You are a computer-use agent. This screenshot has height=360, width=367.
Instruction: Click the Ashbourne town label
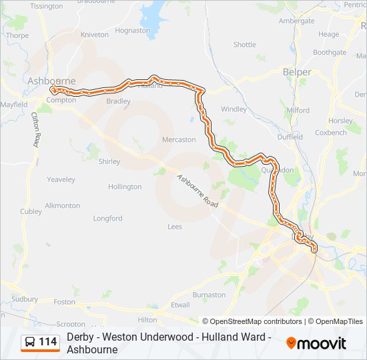coord(51,81)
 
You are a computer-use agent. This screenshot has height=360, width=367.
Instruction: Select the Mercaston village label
coord(179,140)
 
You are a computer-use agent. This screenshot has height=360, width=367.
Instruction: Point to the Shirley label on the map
coord(109,161)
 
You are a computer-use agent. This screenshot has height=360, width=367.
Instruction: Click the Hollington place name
coord(125,187)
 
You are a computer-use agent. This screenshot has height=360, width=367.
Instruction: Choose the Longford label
coord(107,218)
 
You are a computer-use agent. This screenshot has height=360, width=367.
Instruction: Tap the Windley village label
coord(234,109)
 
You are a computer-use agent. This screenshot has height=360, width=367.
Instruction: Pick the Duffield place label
coord(290,137)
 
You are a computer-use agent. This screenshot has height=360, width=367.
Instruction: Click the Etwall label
coord(180,304)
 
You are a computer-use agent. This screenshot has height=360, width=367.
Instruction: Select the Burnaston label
coord(209,294)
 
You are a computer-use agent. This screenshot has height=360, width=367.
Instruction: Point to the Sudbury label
coord(25,299)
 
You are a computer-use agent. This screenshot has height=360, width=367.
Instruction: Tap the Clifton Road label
coord(35,130)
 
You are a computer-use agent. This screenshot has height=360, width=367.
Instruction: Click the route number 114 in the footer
coord(48,342)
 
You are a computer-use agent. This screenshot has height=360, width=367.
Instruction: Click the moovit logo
coord(316,343)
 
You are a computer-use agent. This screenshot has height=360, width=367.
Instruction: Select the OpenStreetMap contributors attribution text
coord(252,321)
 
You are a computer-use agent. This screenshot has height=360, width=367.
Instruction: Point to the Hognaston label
coord(132,30)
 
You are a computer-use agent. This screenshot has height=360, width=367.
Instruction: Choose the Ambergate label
coord(296,21)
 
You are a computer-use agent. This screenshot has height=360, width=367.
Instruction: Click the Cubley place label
coord(31,211)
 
